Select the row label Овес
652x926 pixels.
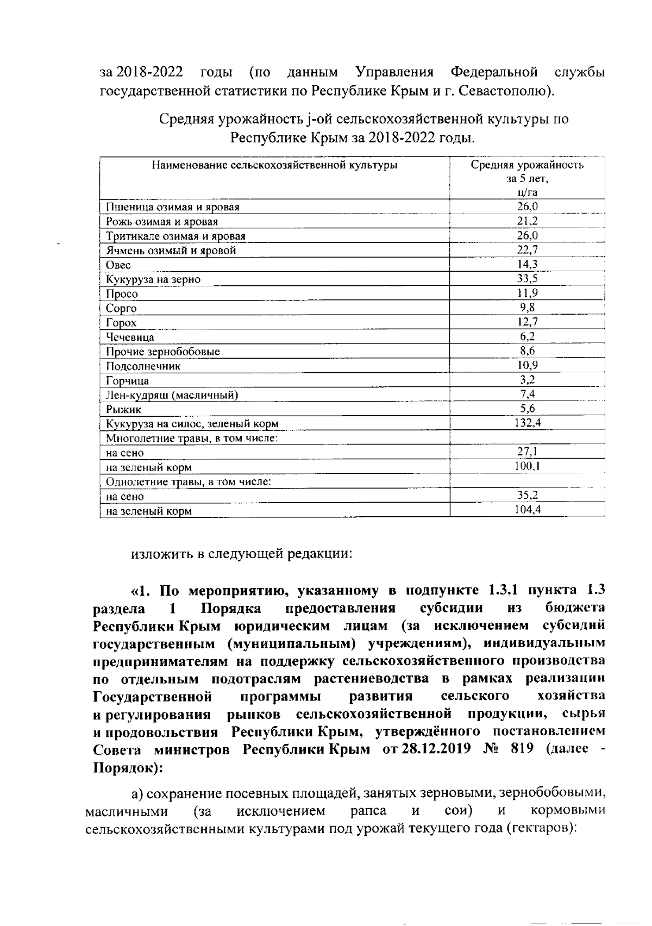(118, 265)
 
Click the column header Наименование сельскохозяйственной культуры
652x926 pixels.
(274, 165)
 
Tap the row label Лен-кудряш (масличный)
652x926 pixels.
(172, 395)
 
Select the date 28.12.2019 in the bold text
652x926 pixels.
(435, 748)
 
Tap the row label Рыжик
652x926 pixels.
(123, 410)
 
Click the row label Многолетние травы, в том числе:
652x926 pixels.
(192, 438)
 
